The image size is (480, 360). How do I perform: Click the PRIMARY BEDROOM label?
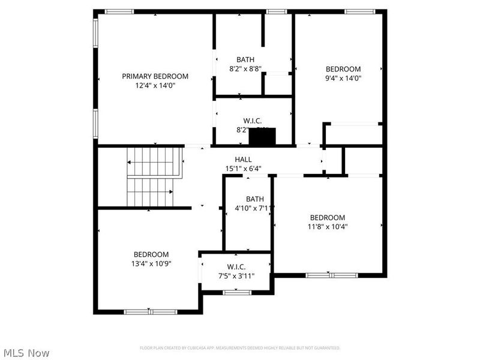[155, 76]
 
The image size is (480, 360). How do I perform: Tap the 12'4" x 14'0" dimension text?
[155, 86]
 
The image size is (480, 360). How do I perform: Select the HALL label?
[243, 159]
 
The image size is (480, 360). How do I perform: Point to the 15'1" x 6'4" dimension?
[243, 169]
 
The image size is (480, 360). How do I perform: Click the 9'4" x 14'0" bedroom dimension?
[343, 77]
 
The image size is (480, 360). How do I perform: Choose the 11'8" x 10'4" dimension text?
[327, 227]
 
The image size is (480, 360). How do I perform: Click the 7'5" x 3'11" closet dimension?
[236, 276]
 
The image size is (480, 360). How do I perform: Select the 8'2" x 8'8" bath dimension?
[245, 69]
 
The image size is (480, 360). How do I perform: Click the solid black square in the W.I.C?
[262, 137]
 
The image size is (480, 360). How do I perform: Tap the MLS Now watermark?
[26, 353]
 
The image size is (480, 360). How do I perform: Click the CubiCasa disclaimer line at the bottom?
[240, 348]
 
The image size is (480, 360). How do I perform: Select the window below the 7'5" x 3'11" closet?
[237, 292]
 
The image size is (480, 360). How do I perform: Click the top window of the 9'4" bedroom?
[359, 11]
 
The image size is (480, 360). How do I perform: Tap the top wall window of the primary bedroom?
[119, 11]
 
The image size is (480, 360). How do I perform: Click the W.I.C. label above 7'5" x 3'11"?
[236, 267]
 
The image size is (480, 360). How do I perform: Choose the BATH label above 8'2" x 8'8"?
[245, 59]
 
